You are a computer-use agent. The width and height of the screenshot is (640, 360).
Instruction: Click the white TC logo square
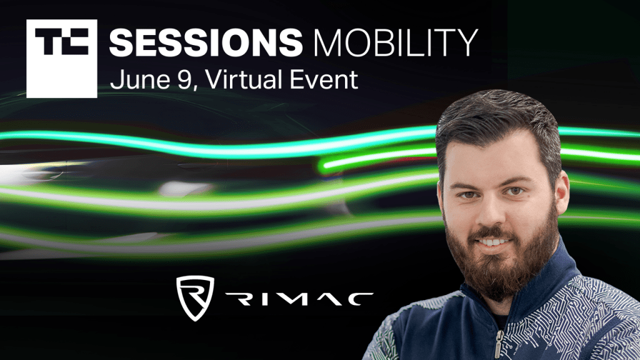click(x=62, y=58)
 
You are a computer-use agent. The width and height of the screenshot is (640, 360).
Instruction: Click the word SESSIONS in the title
click(x=206, y=42)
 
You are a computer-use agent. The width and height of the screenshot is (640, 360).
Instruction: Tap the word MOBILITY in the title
click(x=396, y=42)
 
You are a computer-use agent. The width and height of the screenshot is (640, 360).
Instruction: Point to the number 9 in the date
click(x=183, y=79)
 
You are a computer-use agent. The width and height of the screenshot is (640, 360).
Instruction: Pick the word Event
click(x=324, y=79)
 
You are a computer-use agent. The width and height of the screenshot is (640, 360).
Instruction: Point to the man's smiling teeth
click(x=492, y=242)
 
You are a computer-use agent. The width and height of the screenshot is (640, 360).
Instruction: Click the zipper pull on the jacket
click(x=498, y=345)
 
